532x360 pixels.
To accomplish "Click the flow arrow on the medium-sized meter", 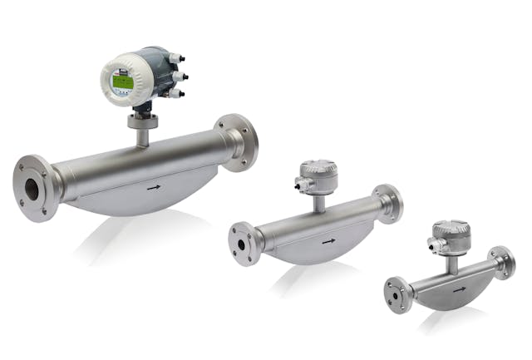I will point(329,241).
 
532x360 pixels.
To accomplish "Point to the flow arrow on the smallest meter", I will point(459,288).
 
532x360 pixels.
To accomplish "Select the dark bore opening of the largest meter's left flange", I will point(32,189).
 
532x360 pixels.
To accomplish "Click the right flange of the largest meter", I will point(237,142).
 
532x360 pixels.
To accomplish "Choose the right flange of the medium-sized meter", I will point(388,204).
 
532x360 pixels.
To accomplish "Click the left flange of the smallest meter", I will point(397,294).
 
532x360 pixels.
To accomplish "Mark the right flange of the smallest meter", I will point(502,263).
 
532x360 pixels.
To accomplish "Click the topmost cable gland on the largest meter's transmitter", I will point(176,59).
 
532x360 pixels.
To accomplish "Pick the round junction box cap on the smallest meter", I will point(451,230).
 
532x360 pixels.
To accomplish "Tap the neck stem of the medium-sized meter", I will point(318,203).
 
